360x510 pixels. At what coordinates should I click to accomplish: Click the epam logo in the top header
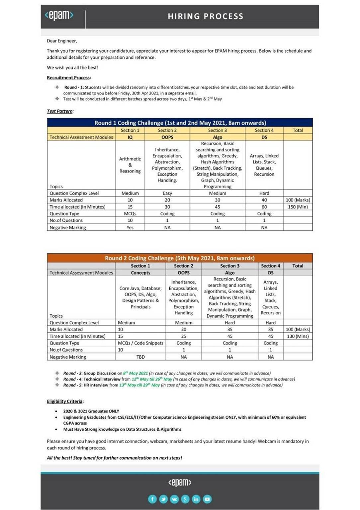[x=59, y=15]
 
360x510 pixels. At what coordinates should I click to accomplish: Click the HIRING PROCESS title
[x=205, y=16]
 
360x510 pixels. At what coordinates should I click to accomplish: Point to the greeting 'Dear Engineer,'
[x=62, y=41]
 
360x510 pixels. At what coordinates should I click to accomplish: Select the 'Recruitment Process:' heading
[x=69, y=78]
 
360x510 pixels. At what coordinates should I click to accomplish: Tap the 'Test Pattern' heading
[x=60, y=111]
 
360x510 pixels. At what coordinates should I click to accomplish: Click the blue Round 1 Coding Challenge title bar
[x=180, y=123]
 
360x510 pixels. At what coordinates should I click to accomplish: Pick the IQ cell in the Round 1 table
[x=130, y=137]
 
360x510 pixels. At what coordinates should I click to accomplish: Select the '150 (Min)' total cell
[x=298, y=207]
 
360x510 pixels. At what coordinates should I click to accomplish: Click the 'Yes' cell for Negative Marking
[x=130, y=227]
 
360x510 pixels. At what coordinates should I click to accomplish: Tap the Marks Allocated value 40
[x=264, y=200]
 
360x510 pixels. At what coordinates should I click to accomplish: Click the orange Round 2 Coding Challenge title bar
[x=180, y=258]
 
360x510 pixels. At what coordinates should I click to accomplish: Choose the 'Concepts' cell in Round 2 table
[x=140, y=273]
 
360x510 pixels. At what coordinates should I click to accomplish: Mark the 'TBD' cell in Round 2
[x=140, y=357]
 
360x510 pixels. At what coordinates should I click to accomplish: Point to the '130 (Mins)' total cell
[x=298, y=336]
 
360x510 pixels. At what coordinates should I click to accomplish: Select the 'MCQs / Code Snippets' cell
[x=140, y=343]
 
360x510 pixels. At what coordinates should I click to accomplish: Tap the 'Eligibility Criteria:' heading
[x=65, y=401]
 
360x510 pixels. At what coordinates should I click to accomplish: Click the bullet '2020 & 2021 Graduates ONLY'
[x=91, y=411]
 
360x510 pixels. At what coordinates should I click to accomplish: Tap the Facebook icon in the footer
[x=152, y=499]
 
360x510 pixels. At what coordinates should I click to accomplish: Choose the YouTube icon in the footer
[x=207, y=499]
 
